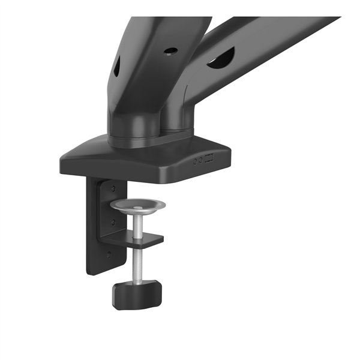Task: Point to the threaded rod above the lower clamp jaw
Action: click(x=139, y=224)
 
